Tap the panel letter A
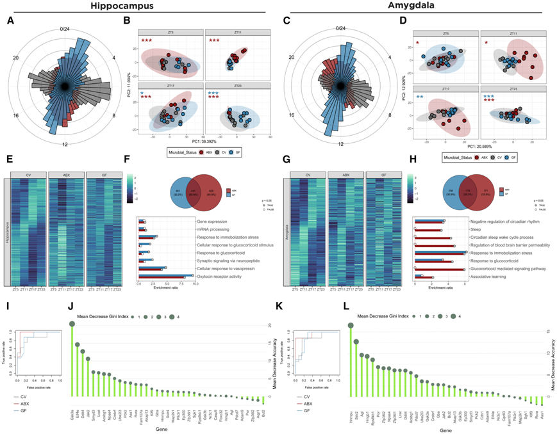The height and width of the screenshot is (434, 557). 10,22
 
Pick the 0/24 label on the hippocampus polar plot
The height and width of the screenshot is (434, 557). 66,28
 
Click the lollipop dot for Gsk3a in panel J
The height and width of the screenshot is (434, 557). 71,325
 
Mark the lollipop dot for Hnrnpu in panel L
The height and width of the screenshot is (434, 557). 350,325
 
